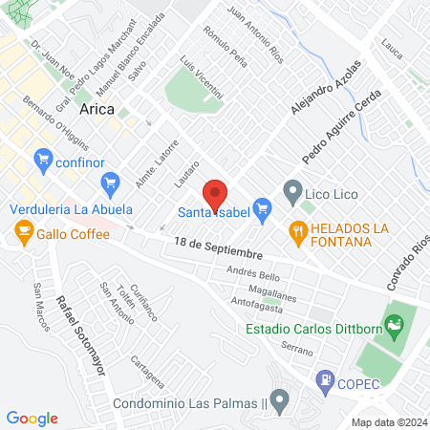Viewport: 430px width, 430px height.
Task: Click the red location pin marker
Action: (x=215, y=193)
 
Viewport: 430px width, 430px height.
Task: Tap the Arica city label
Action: (x=97, y=109)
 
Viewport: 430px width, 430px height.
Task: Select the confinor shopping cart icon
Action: (x=41, y=158)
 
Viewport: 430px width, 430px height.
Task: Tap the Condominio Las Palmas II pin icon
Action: (x=279, y=401)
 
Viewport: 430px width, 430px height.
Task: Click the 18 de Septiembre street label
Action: (x=218, y=249)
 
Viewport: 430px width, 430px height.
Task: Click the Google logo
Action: (x=32, y=418)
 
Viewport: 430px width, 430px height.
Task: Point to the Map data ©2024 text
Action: (x=388, y=422)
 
